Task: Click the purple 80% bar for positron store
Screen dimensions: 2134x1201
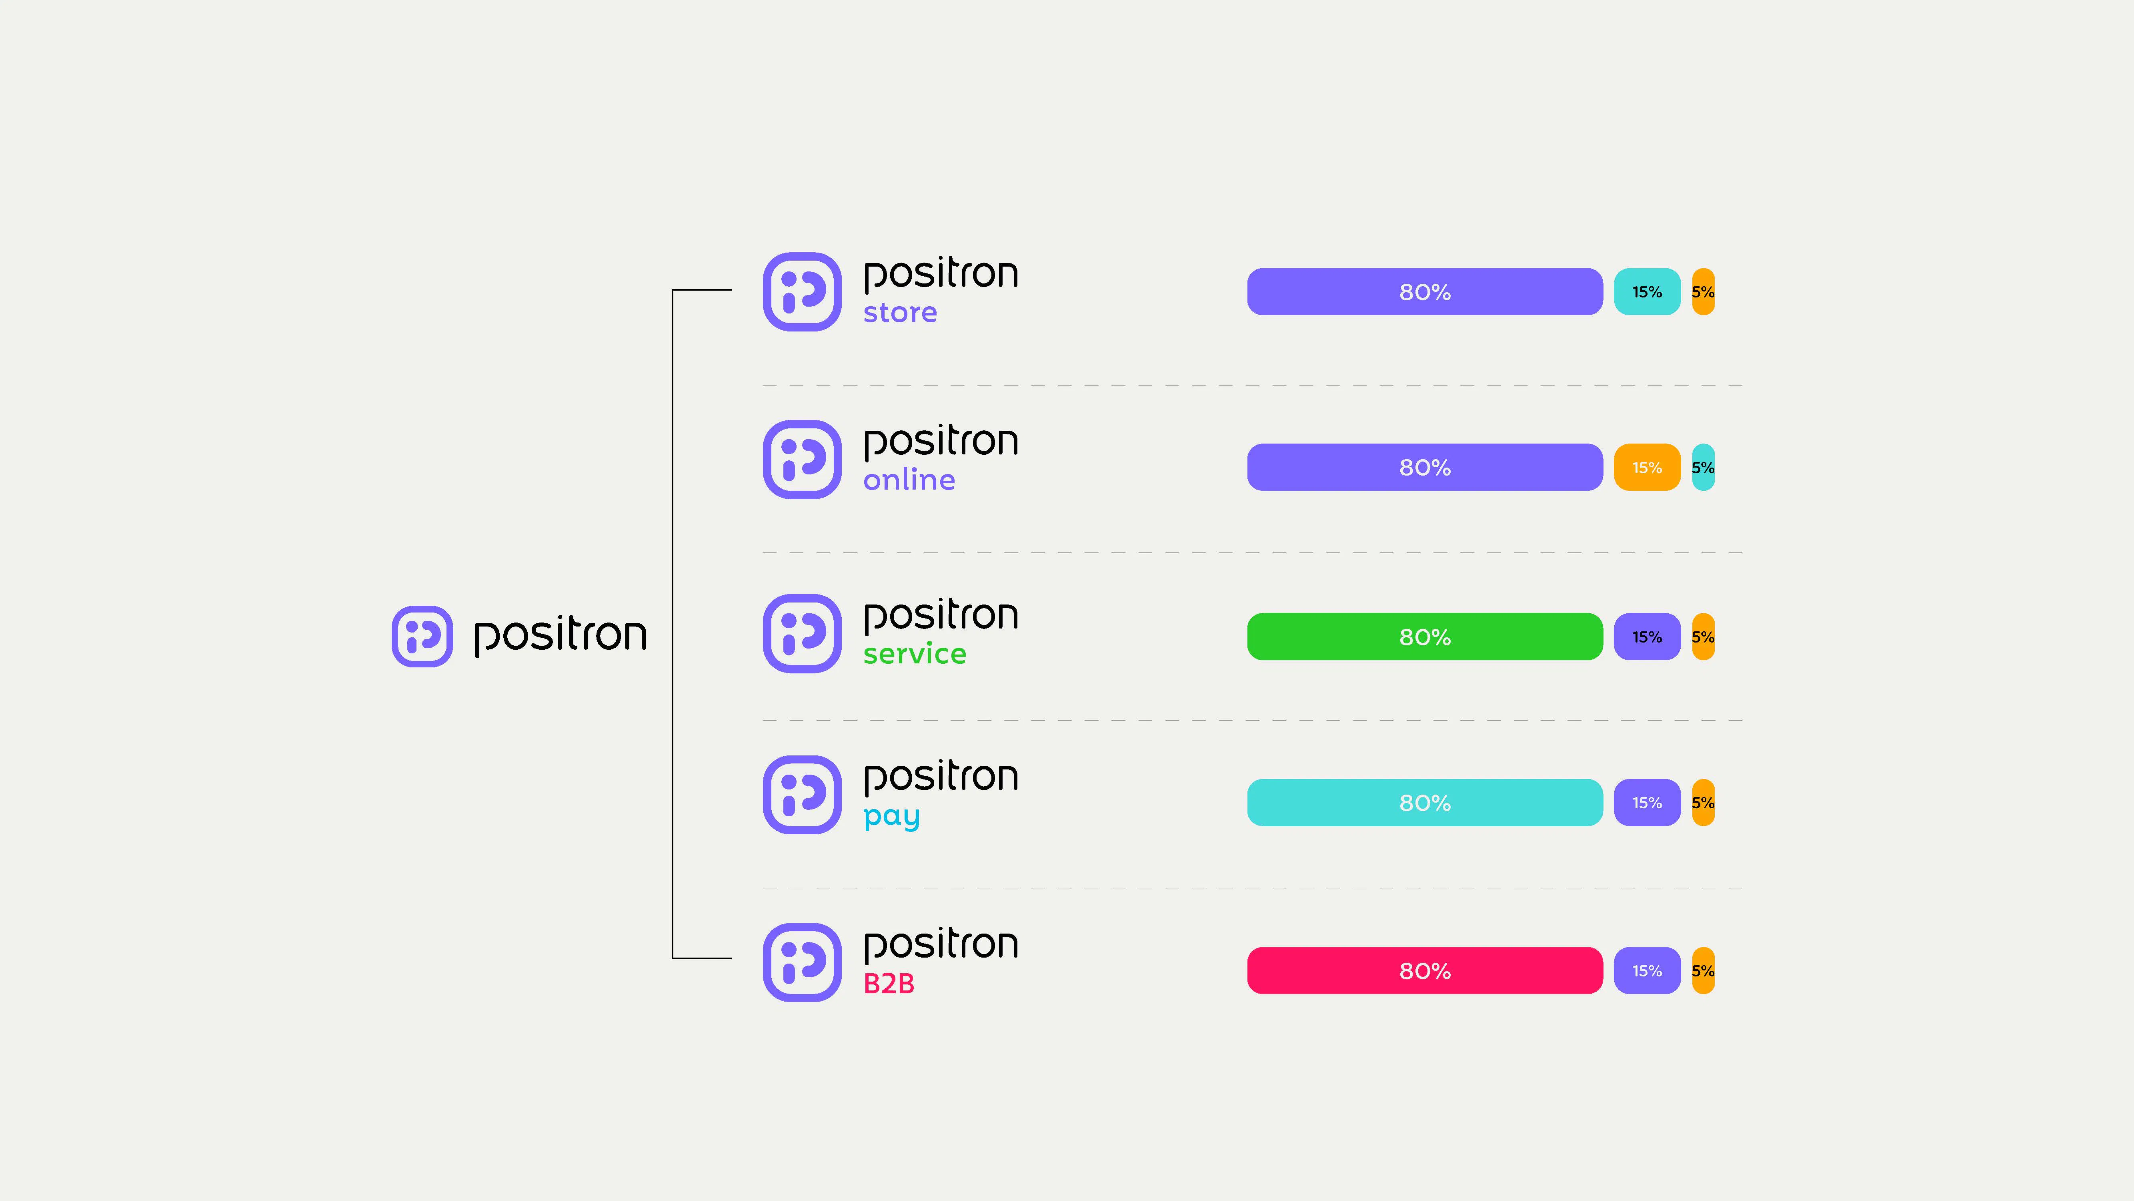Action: tap(1425, 292)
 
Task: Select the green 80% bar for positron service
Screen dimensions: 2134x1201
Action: tap(1425, 637)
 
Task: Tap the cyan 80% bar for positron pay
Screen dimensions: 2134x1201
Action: tap(1425, 802)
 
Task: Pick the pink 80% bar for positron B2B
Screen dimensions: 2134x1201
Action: tap(1425, 970)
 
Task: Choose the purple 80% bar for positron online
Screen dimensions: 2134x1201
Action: tap(1425, 468)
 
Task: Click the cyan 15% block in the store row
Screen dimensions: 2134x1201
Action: tap(1647, 292)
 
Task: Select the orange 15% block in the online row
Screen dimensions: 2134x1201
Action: tap(1647, 468)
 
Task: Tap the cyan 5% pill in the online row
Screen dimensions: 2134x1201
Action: tap(1703, 468)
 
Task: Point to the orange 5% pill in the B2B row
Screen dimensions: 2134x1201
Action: tap(1703, 970)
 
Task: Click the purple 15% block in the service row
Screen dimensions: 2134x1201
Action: tap(1647, 637)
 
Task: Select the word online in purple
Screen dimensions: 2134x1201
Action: tap(909, 479)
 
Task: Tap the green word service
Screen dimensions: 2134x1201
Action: tap(915, 654)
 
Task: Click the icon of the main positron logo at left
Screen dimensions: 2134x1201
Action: tap(422, 637)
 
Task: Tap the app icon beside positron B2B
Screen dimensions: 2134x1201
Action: tap(802, 962)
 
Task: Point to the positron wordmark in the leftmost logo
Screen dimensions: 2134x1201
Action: tap(560, 637)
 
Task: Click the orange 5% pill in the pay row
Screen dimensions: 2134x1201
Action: tap(1703, 802)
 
